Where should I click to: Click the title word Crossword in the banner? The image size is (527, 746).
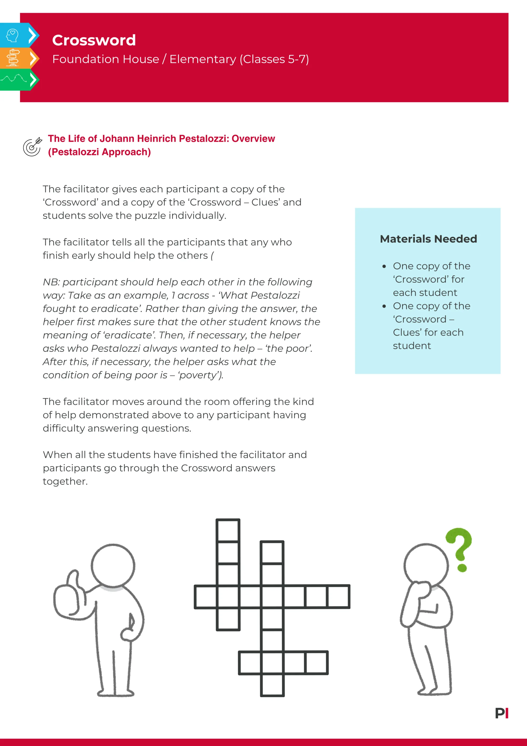94,40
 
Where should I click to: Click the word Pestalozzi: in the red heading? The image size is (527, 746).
204,139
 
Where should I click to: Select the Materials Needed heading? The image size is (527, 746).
428,239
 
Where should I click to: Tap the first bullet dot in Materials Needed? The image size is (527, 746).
384,266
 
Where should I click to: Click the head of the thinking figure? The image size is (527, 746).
426,565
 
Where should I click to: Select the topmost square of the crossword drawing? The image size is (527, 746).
228,530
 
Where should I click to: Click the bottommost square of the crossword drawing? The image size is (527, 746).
272,685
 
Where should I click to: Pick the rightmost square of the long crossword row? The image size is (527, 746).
338,596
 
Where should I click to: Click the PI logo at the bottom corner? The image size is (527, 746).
501,714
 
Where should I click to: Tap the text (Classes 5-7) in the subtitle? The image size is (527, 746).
274,59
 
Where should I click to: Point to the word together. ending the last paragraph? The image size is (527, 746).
65,482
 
